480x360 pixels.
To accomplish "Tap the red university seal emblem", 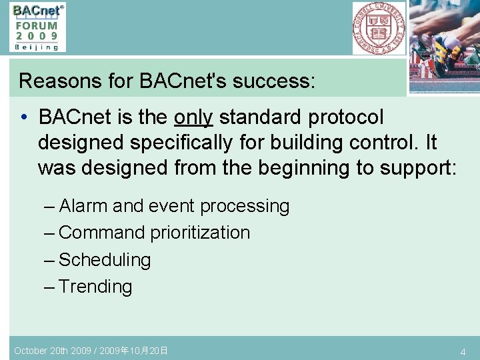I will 379,28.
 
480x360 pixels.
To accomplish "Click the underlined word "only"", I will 193,117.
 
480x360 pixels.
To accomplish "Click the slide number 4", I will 463,351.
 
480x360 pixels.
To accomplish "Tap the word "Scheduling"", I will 105,260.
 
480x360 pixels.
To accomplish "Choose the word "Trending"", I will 95,287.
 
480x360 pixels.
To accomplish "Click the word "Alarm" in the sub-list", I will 84,207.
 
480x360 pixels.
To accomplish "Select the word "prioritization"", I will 200,233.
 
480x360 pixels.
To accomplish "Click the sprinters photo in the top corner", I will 444,45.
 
